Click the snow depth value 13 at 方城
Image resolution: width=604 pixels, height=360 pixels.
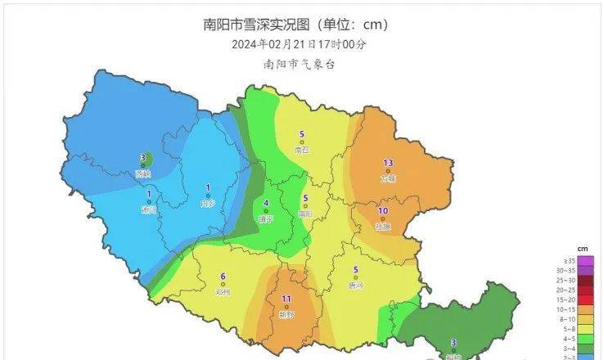(x=388, y=162)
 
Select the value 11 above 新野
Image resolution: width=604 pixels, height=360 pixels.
(x=286, y=299)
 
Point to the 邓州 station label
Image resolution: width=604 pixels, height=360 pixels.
(x=223, y=290)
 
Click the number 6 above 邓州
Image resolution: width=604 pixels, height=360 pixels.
(x=223, y=276)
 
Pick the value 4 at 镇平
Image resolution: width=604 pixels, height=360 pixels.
(x=266, y=204)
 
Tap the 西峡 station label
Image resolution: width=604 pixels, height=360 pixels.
(x=143, y=173)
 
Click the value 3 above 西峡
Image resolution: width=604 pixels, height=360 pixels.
(x=142, y=158)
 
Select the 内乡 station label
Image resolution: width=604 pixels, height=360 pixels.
(x=208, y=203)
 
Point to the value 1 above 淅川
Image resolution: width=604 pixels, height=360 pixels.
(x=148, y=194)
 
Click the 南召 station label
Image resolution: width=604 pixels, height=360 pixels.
(x=302, y=150)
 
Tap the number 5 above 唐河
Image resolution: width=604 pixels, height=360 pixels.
(x=355, y=271)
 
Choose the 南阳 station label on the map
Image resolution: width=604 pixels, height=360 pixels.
(x=305, y=214)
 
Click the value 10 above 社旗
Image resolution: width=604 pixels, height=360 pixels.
(x=382, y=211)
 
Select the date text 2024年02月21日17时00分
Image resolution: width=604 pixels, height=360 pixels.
(x=300, y=44)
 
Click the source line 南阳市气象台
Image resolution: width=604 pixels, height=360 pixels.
(x=300, y=63)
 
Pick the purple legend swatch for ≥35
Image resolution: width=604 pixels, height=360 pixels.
(x=557, y=259)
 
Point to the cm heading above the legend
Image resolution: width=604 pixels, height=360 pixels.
(x=583, y=247)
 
